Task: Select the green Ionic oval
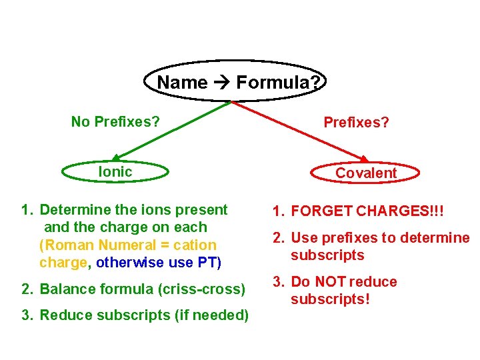[x=115, y=172]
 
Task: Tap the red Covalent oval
[x=366, y=173]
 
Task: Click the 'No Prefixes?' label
[x=115, y=121]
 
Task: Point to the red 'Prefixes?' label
[x=356, y=122]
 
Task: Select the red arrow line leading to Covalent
[x=300, y=131]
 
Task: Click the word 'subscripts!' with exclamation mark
[x=330, y=299]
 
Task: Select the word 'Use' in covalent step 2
[x=305, y=238]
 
